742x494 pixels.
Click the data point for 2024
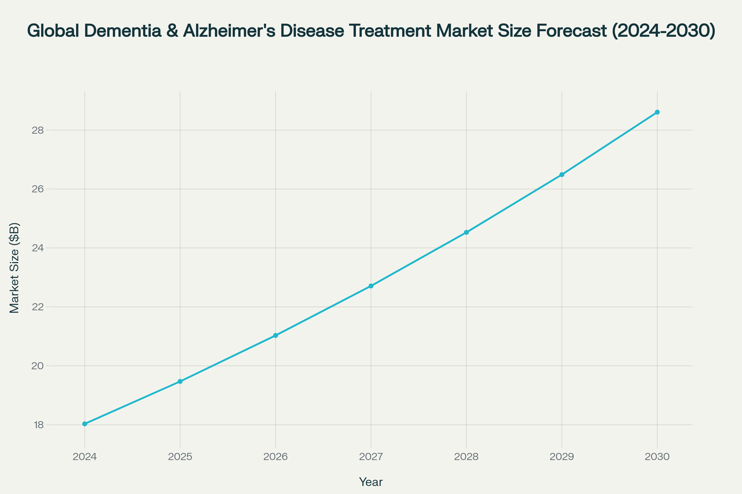(x=84, y=424)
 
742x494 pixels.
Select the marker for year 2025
(x=180, y=381)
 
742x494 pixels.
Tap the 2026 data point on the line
(x=275, y=336)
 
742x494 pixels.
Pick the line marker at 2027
(x=371, y=286)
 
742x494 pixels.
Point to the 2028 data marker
(x=466, y=232)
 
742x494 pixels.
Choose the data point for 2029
(x=562, y=174)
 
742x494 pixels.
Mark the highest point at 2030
(x=657, y=112)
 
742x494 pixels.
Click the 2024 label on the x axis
(x=84, y=457)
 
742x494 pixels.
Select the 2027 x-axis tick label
(x=371, y=457)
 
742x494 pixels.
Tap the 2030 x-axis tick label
(x=657, y=457)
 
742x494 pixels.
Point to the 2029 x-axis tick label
(x=562, y=457)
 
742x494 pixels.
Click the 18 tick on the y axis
(x=38, y=425)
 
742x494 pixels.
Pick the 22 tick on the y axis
(x=37, y=307)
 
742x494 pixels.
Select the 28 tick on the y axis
(x=37, y=130)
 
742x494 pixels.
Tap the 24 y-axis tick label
(x=37, y=248)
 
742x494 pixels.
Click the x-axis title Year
(x=371, y=482)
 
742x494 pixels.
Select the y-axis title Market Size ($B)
(x=15, y=268)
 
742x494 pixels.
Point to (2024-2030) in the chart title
(x=663, y=31)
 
